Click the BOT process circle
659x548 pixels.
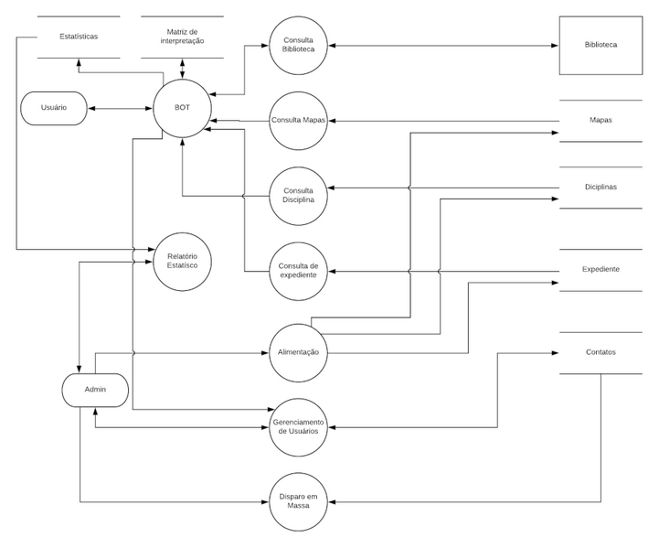point(183,108)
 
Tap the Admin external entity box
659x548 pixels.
point(95,389)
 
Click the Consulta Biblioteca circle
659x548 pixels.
point(299,43)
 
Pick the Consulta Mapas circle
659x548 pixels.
point(299,120)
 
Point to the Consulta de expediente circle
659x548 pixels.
point(299,269)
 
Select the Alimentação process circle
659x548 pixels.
point(299,352)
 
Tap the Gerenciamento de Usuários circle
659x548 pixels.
point(299,426)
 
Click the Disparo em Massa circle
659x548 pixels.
point(299,501)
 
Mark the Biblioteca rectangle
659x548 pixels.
point(601,44)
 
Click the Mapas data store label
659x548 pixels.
point(601,120)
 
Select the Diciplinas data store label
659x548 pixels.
point(601,187)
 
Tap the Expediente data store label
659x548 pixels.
point(601,269)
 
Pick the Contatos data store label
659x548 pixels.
point(601,352)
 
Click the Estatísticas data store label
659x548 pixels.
point(79,37)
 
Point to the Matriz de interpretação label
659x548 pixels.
point(183,37)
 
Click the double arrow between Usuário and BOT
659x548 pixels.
point(121,108)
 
